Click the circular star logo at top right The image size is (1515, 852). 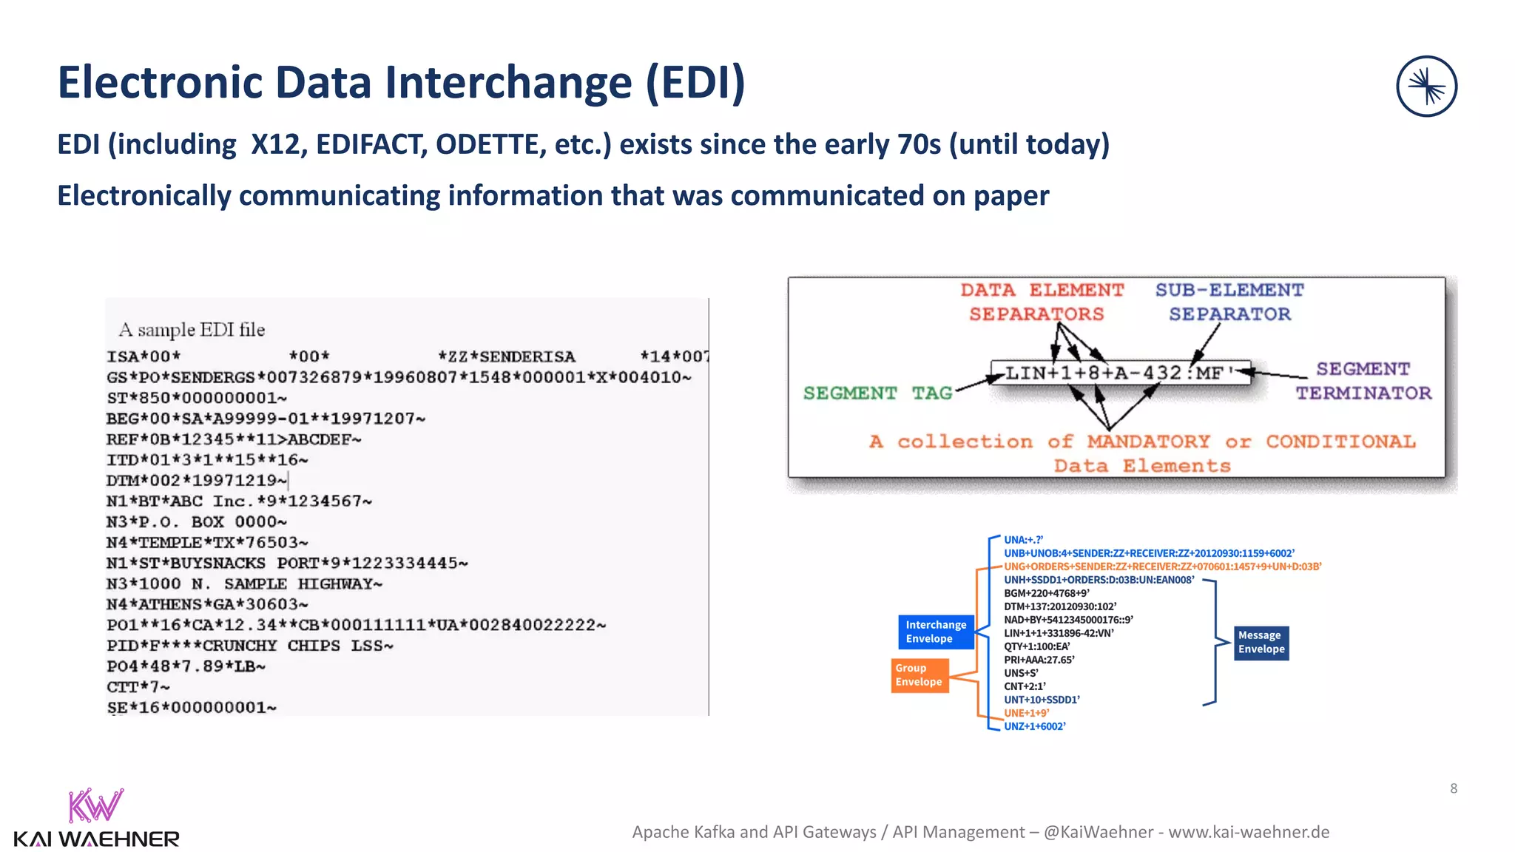click(x=1426, y=87)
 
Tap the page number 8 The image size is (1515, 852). click(x=1454, y=788)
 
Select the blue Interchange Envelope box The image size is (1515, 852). click(x=936, y=632)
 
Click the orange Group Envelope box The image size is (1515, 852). click(x=920, y=674)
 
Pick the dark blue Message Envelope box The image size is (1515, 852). click(x=1261, y=642)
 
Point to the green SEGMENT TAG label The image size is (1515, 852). click(x=877, y=393)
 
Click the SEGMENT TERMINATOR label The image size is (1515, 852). click(x=1363, y=381)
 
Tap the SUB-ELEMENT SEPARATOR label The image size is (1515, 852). click(x=1229, y=302)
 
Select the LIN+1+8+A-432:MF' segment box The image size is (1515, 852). click(x=1119, y=373)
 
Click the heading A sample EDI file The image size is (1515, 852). click(x=192, y=330)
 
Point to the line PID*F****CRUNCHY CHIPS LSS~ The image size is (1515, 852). click(x=249, y=646)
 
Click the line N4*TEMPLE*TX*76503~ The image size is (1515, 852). click(x=207, y=542)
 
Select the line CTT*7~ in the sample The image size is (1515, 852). click(x=138, y=687)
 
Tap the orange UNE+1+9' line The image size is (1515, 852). click(x=1026, y=713)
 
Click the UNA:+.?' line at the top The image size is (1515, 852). click(x=1023, y=540)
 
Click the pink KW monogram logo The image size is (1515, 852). click(x=95, y=806)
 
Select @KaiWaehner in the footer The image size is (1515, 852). click(x=1098, y=832)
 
